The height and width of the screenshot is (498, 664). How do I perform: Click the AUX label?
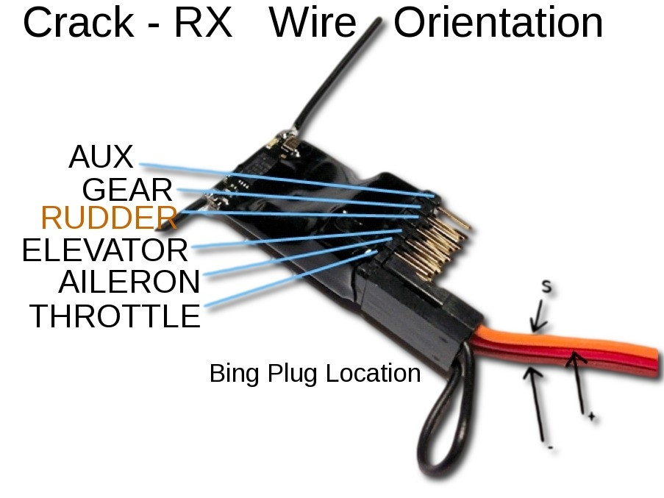(101, 157)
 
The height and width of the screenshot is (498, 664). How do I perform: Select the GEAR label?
(127, 190)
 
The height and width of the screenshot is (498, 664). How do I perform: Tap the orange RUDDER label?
(109, 218)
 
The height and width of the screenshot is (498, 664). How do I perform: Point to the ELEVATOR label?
(105, 250)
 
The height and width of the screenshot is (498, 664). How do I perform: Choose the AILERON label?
(129, 282)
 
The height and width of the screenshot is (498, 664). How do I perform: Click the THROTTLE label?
(115, 316)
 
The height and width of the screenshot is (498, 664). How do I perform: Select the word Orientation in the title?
(498, 23)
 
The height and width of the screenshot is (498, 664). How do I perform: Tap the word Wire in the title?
(313, 23)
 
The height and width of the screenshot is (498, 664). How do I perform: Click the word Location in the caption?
(373, 373)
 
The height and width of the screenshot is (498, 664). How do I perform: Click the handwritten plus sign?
(591, 417)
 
